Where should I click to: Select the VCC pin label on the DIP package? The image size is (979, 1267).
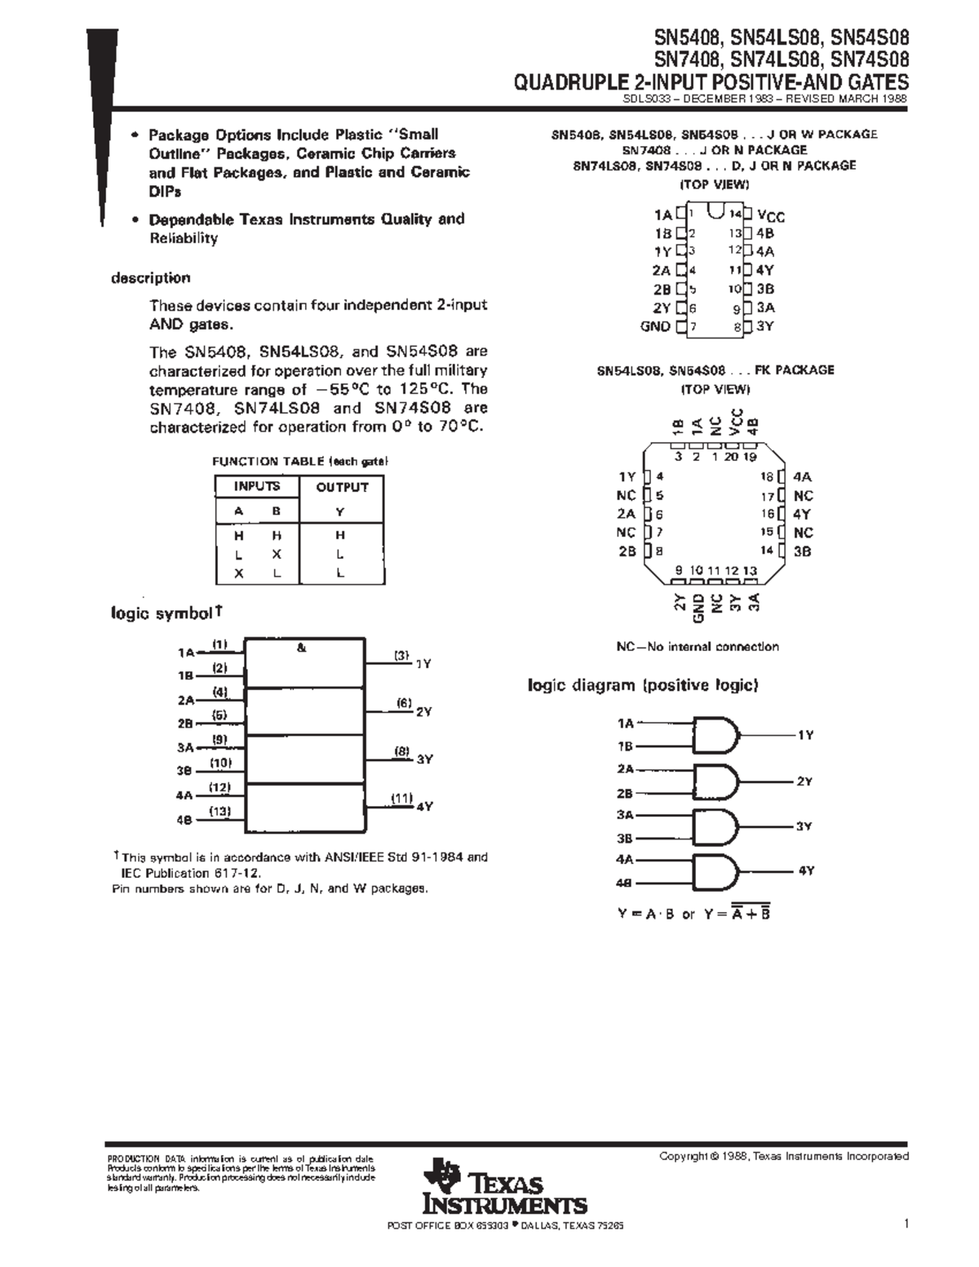pyautogui.click(x=771, y=215)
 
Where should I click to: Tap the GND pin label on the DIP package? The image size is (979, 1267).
pyautogui.click(x=655, y=326)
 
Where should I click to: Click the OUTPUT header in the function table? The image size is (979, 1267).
pyautogui.click(x=342, y=487)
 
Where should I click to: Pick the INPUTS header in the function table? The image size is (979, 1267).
pyautogui.click(x=257, y=486)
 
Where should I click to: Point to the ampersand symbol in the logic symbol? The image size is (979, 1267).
pyautogui.click(x=302, y=648)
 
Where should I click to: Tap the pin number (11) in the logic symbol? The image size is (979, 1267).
pyautogui.click(x=401, y=799)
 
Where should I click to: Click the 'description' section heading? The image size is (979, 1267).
pyautogui.click(x=150, y=278)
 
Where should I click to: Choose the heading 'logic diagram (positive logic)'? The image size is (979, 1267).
pyautogui.click(x=643, y=685)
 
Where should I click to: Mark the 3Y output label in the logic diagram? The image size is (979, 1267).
pyautogui.click(x=804, y=826)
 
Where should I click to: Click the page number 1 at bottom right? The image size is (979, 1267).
pyautogui.click(x=906, y=1224)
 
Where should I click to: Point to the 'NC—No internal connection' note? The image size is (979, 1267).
pyautogui.click(x=698, y=647)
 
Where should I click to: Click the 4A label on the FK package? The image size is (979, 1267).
pyautogui.click(x=803, y=477)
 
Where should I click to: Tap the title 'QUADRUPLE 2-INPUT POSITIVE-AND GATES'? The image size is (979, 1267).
pyautogui.click(x=711, y=82)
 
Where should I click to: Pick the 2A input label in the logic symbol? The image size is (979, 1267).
pyautogui.click(x=185, y=700)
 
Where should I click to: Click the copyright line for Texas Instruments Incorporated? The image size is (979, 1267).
pyautogui.click(x=783, y=1156)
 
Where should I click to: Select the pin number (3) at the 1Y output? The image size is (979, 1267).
pyautogui.click(x=401, y=654)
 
